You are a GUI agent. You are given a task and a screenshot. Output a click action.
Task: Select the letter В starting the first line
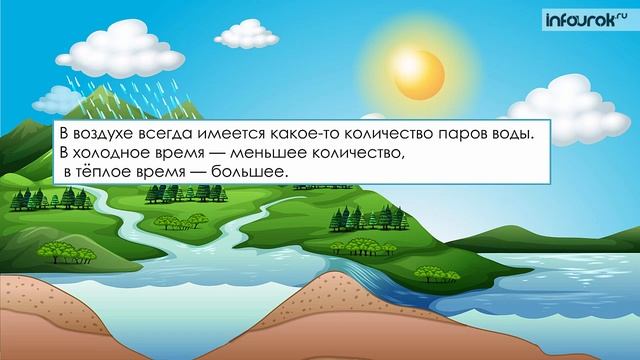pyautogui.click(x=63, y=133)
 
